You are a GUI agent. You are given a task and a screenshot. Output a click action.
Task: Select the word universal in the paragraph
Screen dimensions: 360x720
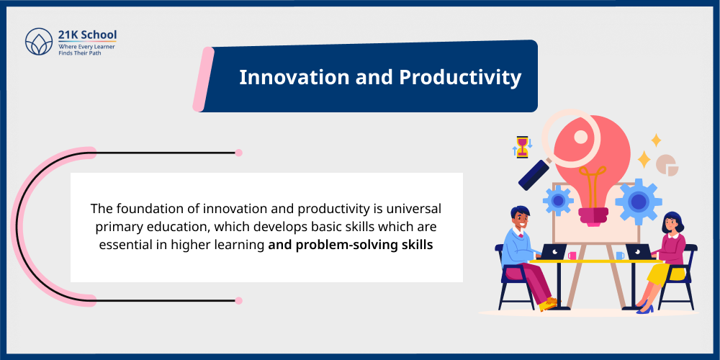pyautogui.click(x=410, y=209)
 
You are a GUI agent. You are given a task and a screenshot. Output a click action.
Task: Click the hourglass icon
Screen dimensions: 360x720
pyautogui.click(x=522, y=146)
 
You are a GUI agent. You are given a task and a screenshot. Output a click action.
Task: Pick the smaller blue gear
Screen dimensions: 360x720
pyautogui.click(x=559, y=199)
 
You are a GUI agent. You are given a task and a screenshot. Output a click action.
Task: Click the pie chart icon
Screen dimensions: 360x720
pyautogui.click(x=667, y=165)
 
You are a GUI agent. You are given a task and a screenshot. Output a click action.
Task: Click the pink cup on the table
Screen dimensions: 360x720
pyautogui.click(x=572, y=255)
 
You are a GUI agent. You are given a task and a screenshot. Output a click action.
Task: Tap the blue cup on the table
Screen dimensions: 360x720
pyautogui.click(x=619, y=255)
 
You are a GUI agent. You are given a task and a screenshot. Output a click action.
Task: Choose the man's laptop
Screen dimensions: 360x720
pyautogui.click(x=553, y=252)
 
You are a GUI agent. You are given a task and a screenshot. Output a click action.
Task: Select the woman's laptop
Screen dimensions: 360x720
pyautogui.click(x=639, y=252)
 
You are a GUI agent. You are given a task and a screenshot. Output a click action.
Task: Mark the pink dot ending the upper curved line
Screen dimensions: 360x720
pyautogui.click(x=238, y=153)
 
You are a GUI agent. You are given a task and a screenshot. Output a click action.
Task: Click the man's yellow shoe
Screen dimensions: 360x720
pyautogui.click(x=548, y=305)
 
